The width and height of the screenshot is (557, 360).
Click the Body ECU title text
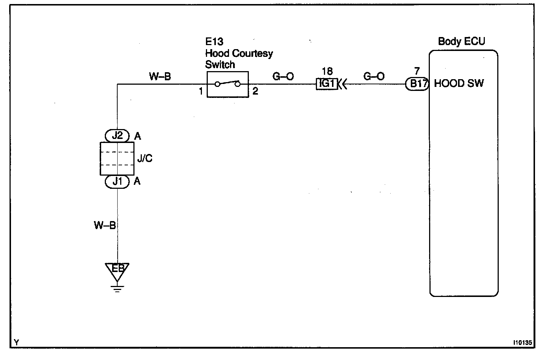pos(461,41)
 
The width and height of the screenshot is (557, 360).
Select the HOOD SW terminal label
pos(459,84)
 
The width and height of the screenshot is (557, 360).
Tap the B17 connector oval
pos(417,84)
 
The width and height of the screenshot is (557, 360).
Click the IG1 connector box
pos(327,84)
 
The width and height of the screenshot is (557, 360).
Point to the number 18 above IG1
pos(327,71)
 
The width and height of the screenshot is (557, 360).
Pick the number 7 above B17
pos(417,71)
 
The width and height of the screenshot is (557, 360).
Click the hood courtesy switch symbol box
pos(228,84)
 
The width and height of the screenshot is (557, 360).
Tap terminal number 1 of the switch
pos(201,91)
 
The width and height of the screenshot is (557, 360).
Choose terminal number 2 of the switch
pos(255,91)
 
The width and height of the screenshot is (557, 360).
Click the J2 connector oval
pos(117,136)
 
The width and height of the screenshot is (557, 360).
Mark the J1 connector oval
pos(117,181)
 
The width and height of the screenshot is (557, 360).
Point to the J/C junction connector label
pos(144,158)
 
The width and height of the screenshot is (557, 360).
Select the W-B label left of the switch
pos(160,77)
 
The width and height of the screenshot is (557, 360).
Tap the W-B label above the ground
pos(105,225)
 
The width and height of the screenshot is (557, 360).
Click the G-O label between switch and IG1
pos(283,77)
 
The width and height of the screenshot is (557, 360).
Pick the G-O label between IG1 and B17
pos(374,76)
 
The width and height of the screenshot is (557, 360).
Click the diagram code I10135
pos(522,343)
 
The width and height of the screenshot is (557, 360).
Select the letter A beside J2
pos(137,136)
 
